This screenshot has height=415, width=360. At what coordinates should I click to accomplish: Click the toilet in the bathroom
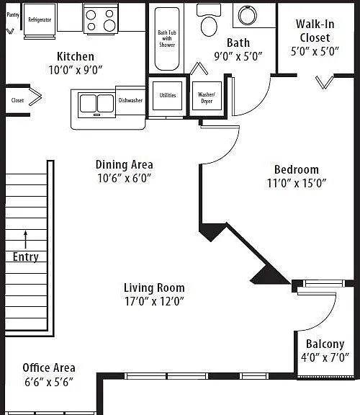pyautogui.click(x=209, y=20)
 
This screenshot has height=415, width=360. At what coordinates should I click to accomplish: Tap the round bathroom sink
pyautogui.click(x=247, y=15)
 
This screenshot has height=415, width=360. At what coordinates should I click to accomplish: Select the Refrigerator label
pyautogui.click(x=40, y=19)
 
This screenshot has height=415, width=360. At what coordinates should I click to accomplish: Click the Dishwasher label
pyautogui.click(x=130, y=100)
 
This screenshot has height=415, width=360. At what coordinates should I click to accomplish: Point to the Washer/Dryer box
pyautogui.click(x=207, y=96)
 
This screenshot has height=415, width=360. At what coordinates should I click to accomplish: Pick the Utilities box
pyautogui.click(x=168, y=96)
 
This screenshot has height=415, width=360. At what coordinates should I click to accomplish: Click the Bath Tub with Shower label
pyautogui.click(x=167, y=39)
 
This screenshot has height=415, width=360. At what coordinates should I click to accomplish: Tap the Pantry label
pyautogui.click(x=13, y=15)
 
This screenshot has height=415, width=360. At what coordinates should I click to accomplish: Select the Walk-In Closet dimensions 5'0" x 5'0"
pyautogui.click(x=315, y=51)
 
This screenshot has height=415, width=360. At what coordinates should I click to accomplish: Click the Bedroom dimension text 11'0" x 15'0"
pyautogui.click(x=297, y=183)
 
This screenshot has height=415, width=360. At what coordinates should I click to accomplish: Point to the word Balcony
pyautogui.click(x=325, y=344)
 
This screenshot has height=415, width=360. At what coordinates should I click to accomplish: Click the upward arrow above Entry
pyautogui.click(x=26, y=239)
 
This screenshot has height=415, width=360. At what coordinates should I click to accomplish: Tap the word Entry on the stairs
pyautogui.click(x=26, y=256)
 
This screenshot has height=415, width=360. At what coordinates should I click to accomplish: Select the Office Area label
pyautogui.click(x=49, y=368)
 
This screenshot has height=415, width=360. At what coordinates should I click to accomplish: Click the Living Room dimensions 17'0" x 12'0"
pyautogui.click(x=154, y=301)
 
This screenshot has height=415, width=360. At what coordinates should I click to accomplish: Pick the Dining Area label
pyautogui.click(x=125, y=164)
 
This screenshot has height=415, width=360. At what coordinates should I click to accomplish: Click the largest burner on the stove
pyautogui.click(x=109, y=26)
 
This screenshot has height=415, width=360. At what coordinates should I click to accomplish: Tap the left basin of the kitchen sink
pyautogui.click(x=88, y=103)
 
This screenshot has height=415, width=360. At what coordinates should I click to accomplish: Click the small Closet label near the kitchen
pyautogui.click(x=17, y=100)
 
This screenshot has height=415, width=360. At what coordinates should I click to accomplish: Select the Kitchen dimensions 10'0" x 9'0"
pyautogui.click(x=76, y=70)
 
